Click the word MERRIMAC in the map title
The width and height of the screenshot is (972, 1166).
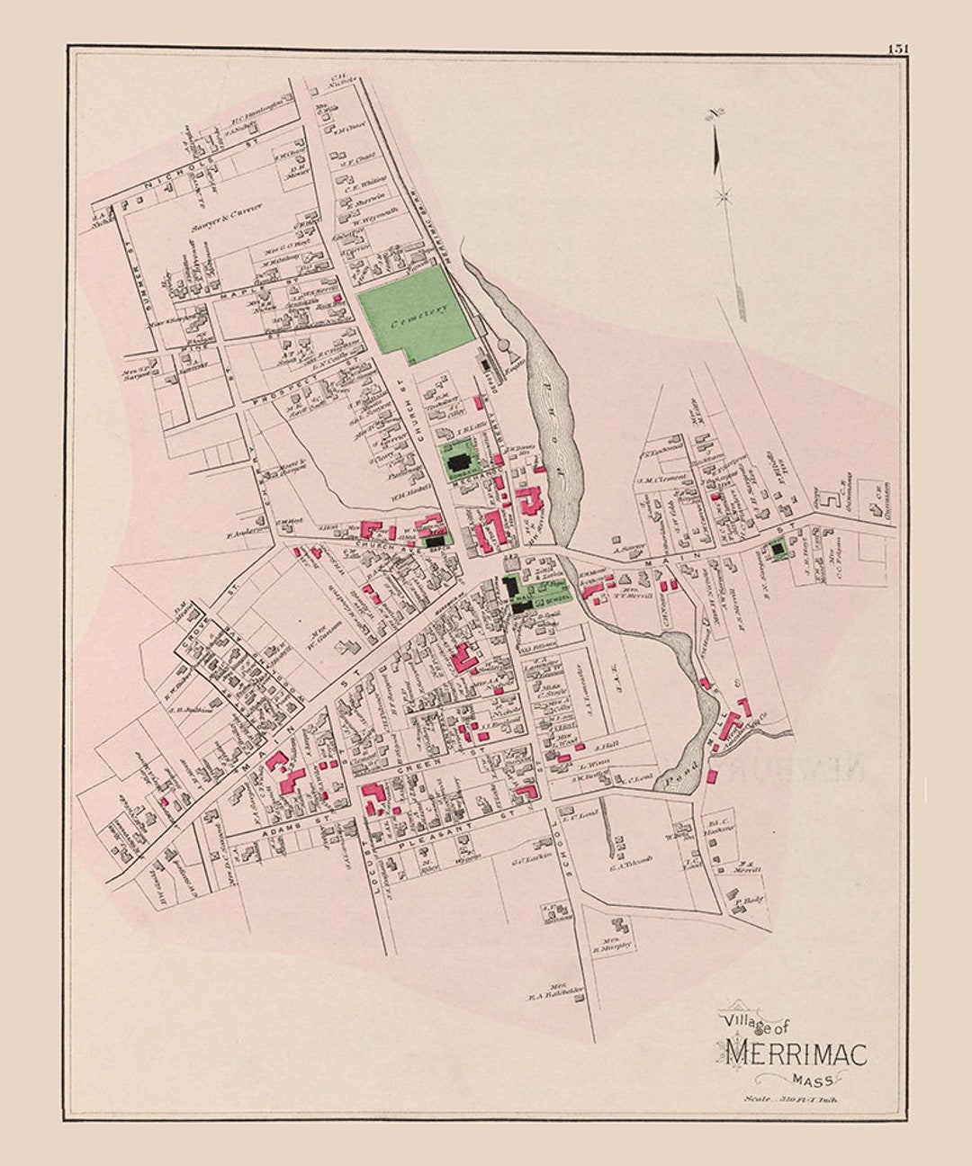[x=796, y=1052]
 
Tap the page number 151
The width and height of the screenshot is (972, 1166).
[x=897, y=49]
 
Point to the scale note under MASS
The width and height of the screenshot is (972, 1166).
[x=789, y=1098]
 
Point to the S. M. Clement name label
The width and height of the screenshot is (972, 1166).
[x=662, y=480]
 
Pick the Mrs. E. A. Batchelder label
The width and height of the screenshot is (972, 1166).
[x=556, y=990]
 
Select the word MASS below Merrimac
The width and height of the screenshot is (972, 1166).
[x=813, y=1080]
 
